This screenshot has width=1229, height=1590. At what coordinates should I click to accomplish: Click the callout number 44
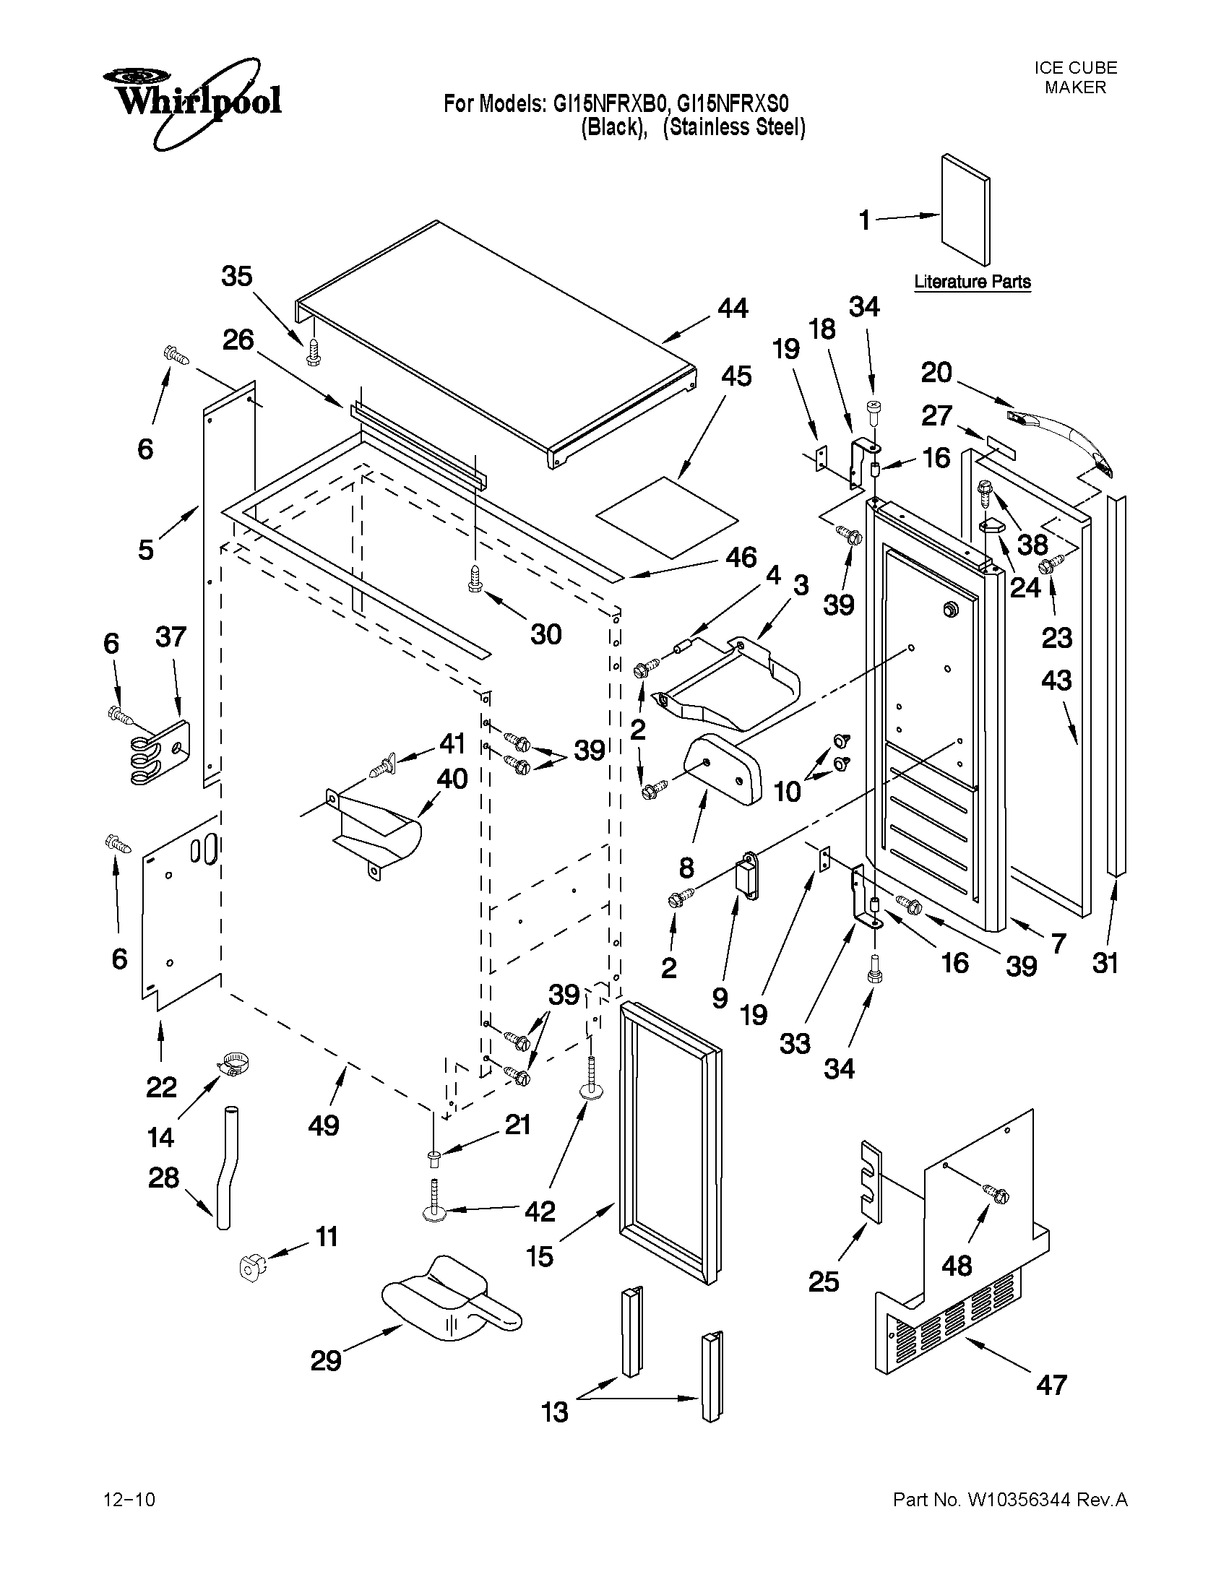[733, 308]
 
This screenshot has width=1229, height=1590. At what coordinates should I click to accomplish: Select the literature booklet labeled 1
[965, 210]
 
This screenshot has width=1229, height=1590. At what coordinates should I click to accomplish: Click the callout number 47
[1051, 1383]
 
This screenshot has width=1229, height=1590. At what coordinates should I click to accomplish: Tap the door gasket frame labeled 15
[669, 1143]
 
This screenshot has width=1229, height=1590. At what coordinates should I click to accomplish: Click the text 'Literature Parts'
[972, 282]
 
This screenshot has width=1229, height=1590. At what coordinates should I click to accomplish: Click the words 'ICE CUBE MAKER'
[1075, 78]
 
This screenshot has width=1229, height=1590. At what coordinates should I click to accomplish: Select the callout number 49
[323, 1125]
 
